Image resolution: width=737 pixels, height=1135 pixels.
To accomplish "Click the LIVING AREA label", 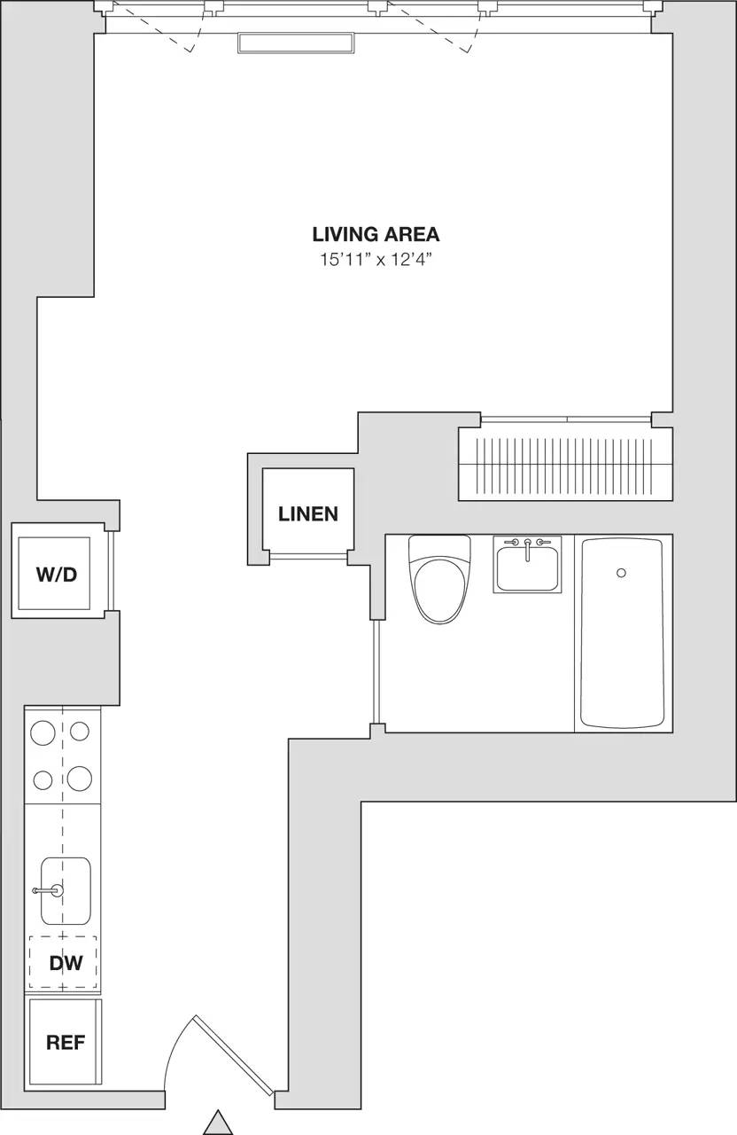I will [x=376, y=234].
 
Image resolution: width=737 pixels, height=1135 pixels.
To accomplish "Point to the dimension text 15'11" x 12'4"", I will [x=376, y=260].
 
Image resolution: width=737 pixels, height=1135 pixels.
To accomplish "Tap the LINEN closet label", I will [x=307, y=513].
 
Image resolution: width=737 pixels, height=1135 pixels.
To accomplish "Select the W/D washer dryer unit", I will [x=56, y=573].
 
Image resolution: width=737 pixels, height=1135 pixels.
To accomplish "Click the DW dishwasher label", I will [x=66, y=963].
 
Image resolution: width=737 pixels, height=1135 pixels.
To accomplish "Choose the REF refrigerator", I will [x=65, y=1042].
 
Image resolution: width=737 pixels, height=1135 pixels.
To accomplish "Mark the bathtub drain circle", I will [x=622, y=573].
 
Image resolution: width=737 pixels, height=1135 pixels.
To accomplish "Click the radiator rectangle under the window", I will [x=296, y=43].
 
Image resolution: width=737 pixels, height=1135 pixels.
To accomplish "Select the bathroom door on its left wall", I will [x=377, y=671].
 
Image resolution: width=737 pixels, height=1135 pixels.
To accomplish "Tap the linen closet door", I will [x=308, y=556].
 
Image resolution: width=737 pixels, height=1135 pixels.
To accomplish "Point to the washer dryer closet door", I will [x=112, y=572].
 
